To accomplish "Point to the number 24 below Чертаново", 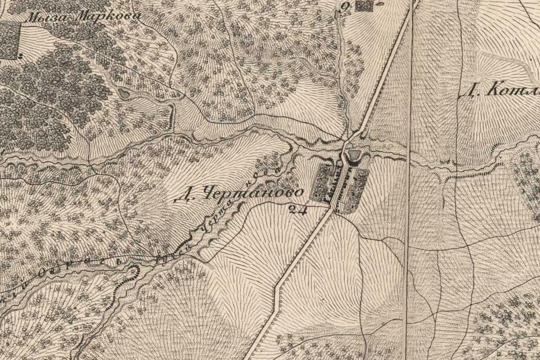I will point(299,206).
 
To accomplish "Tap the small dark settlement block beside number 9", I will point(364,6).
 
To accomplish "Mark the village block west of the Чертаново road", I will point(324,182).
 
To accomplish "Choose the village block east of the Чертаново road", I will point(358,184).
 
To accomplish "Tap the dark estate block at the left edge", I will point(10,40).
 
